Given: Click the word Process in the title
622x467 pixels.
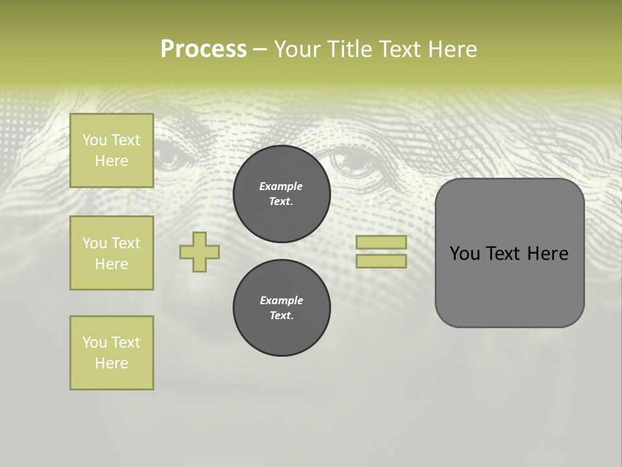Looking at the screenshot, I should point(203,49).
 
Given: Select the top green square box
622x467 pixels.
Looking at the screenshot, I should point(111,150).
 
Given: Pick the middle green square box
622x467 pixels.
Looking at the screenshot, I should point(111,253).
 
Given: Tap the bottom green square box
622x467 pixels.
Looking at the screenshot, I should point(111,353).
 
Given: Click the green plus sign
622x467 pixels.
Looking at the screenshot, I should point(200,252).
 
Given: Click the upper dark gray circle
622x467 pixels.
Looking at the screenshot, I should point(282,194).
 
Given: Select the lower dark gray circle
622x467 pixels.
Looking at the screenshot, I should point(282,308).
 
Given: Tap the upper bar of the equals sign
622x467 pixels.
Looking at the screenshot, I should point(381,243).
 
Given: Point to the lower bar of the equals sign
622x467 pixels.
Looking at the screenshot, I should point(381,261).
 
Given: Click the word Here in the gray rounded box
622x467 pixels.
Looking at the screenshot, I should point(547,254).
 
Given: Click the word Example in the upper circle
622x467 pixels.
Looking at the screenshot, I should point(281,186).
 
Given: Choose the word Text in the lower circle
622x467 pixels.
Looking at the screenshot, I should point(281,316).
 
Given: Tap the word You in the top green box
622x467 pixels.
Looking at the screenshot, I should point(95,140).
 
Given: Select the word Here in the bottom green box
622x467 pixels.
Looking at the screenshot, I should point(111,363).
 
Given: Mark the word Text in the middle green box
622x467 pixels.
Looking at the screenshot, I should point(126,243).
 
